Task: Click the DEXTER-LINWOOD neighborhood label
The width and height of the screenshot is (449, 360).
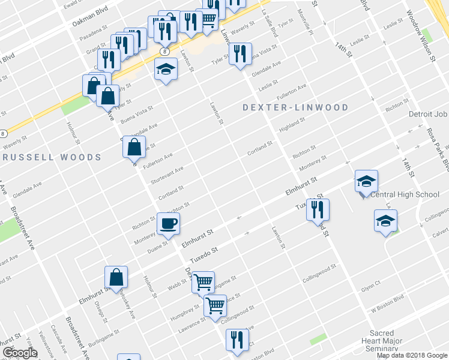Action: coord(295,107)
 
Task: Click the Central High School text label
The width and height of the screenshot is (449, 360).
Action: coord(405,194)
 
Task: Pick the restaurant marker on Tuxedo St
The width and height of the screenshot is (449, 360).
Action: coord(318,210)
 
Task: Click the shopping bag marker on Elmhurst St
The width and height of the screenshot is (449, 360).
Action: coord(116,278)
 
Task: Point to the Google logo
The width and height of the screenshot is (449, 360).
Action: coord(19,353)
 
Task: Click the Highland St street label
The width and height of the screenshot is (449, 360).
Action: coord(292,124)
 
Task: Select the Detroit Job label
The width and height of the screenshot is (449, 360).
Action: coord(428,114)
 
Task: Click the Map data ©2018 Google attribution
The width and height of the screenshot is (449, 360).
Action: coord(412,355)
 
